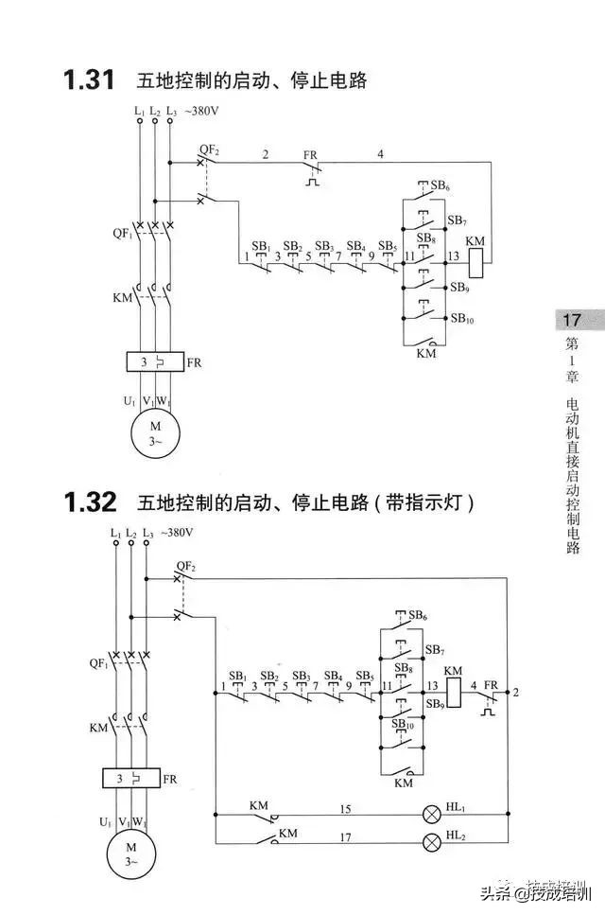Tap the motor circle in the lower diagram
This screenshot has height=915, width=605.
[131, 850]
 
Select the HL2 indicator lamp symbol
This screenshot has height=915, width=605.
[433, 840]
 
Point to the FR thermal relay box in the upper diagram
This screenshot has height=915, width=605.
[155, 362]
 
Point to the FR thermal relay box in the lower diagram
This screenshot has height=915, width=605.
[131, 779]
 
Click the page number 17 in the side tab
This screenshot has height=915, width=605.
[572, 321]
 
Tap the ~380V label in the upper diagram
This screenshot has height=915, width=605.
[200, 112]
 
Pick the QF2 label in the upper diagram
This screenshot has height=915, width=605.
[209, 150]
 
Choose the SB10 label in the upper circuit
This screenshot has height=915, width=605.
[462, 320]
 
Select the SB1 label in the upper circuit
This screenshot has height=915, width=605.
[261, 246]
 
